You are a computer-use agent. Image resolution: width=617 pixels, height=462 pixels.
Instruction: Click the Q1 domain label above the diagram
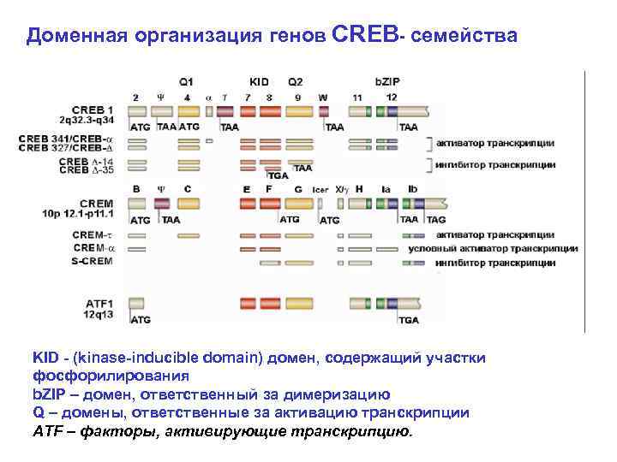coord(186,82)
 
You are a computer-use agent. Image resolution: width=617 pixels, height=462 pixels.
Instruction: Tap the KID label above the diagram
coord(259,82)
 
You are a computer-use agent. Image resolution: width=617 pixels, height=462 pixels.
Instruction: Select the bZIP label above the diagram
coord(388,82)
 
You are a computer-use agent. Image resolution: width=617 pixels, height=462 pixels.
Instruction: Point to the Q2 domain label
coord(296,82)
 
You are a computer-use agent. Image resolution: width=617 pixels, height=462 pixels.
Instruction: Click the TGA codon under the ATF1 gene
coord(409,319)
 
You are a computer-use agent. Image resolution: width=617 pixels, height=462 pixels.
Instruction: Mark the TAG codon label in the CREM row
coord(435,220)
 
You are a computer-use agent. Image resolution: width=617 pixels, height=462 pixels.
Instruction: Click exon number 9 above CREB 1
coord(297,98)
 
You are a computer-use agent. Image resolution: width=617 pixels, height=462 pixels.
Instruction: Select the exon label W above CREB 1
coord(322,98)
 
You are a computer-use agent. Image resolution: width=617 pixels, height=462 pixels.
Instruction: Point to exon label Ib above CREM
coord(412,188)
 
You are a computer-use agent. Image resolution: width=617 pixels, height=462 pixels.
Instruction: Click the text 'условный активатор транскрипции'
coord(505,248)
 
